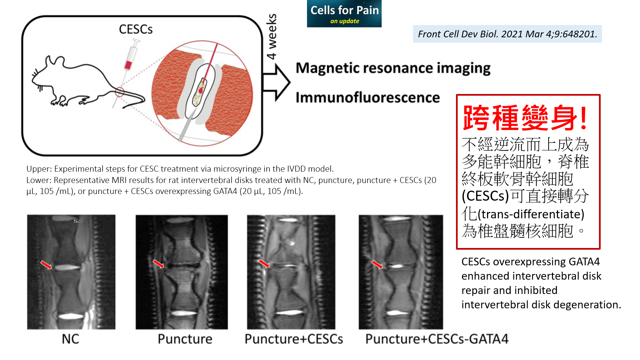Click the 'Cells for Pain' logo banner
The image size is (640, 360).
click(x=344, y=14)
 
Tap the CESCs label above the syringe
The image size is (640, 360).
click(x=136, y=29)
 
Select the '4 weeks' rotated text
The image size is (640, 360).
click(x=272, y=37)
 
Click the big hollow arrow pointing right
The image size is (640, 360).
click(x=276, y=82)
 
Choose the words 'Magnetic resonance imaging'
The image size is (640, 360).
click(x=393, y=68)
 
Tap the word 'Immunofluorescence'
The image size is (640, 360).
click(x=368, y=98)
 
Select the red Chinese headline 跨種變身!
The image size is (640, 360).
click(x=525, y=118)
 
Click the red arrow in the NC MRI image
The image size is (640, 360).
click(x=46, y=265)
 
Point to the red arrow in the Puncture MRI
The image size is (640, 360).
click(x=158, y=264)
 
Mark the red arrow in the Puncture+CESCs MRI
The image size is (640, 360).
click(x=265, y=263)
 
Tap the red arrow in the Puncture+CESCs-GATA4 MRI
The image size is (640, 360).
click(x=377, y=265)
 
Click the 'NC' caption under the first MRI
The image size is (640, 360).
click(x=70, y=339)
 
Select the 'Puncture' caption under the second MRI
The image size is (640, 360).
click(x=185, y=339)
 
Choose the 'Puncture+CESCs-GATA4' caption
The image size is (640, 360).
click(x=437, y=339)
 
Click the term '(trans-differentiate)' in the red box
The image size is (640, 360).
click(x=531, y=214)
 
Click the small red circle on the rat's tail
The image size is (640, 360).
click(x=120, y=92)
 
